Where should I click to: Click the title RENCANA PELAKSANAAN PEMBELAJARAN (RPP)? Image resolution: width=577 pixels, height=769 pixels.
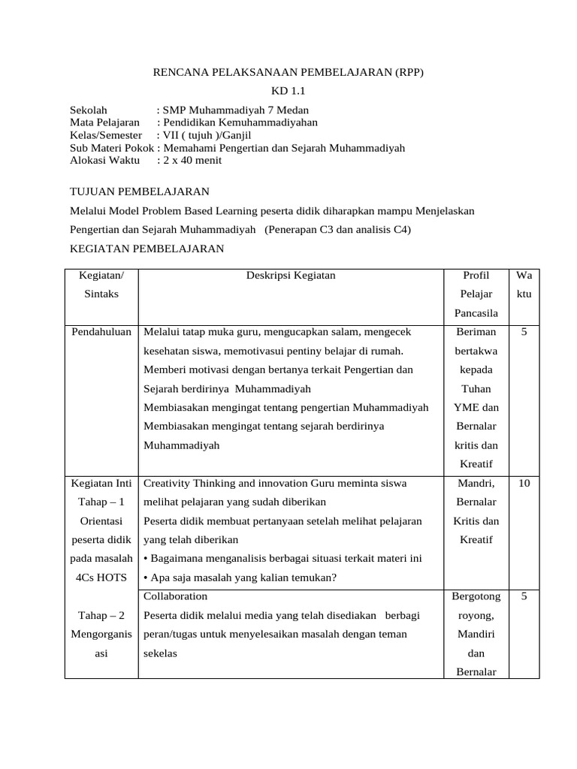pyautogui.click(x=288, y=72)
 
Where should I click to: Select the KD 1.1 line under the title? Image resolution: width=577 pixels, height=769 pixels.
pyautogui.click(x=288, y=91)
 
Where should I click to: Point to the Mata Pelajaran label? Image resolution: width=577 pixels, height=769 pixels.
pyautogui.click(x=105, y=122)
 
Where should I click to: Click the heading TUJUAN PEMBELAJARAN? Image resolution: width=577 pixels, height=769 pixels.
pyautogui.click(x=140, y=192)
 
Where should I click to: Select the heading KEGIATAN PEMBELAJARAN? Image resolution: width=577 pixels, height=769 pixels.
pyautogui.click(x=147, y=249)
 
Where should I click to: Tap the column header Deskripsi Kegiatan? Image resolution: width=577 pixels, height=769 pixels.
pyautogui.click(x=291, y=276)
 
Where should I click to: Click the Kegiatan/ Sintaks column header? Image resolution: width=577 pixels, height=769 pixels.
pyautogui.click(x=101, y=285)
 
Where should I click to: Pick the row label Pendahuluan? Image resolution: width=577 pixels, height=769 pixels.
pyautogui.click(x=101, y=331)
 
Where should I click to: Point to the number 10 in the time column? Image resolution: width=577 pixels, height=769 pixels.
pyautogui.click(x=524, y=484)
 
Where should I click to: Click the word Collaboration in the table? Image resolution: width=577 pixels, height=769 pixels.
pyautogui.click(x=175, y=596)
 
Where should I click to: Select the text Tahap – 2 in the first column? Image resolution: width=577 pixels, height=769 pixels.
pyautogui.click(x=101, y=615)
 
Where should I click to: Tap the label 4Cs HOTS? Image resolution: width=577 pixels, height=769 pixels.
pyautogui.click(x=101, y=578)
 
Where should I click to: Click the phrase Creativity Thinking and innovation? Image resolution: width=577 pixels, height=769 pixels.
pyautogui.click(x=220, y=484)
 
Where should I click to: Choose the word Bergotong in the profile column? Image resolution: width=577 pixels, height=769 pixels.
pyautogui.click(x=474, y=596)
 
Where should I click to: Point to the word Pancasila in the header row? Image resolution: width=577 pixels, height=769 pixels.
pyautogui.click(x=474, y=312)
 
